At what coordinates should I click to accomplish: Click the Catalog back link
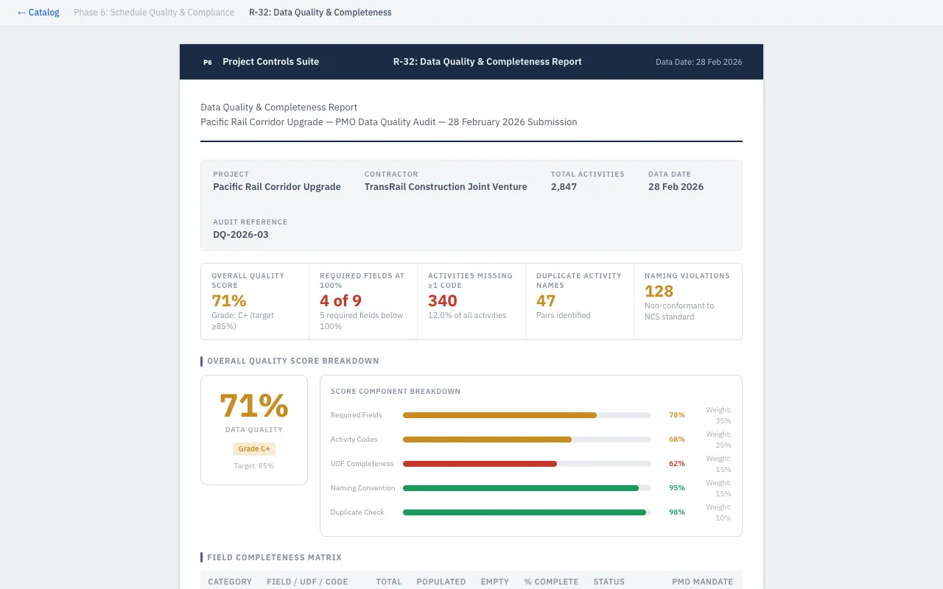tap(38, 13)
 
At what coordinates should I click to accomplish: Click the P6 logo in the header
tap(208, 63)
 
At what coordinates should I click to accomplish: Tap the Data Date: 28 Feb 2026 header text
tap(698, 63)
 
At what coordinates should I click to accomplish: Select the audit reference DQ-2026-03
tap(241, 235)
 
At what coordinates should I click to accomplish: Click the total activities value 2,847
tap(564, 187)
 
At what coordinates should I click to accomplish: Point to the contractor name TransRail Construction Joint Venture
tap(446, 187)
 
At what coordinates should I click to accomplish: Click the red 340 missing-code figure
tap(443, 300)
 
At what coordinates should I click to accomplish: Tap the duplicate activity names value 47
tap(546, 300)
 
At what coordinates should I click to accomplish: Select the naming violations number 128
tap(659, 291)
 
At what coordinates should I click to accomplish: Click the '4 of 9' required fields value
tap(340, 300)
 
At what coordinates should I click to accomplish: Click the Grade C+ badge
tap(254, 448)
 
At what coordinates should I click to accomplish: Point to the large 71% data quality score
tap(254, 406)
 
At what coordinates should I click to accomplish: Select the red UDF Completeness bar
tap(480, 464)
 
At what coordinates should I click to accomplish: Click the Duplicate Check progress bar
tap(525, 512)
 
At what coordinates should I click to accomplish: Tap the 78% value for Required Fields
tap(676, 415)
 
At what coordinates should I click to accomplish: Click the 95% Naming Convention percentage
tap(676, 488)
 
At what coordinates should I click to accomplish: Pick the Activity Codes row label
tap(354, 440)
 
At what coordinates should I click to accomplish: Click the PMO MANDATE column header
tap(702, 582)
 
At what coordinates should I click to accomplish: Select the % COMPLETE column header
tap(551, 582)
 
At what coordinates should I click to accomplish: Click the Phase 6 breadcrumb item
tap(154, 13)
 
